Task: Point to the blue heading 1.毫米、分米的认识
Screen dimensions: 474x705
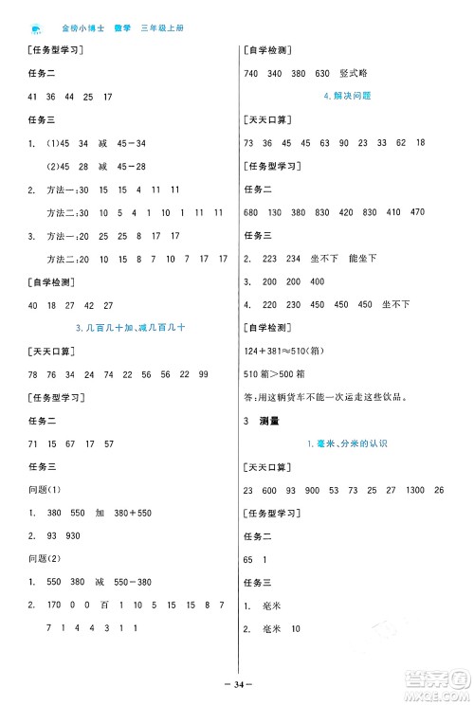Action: (347, 443)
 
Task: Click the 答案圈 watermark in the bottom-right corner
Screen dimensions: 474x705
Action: (442, 678)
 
